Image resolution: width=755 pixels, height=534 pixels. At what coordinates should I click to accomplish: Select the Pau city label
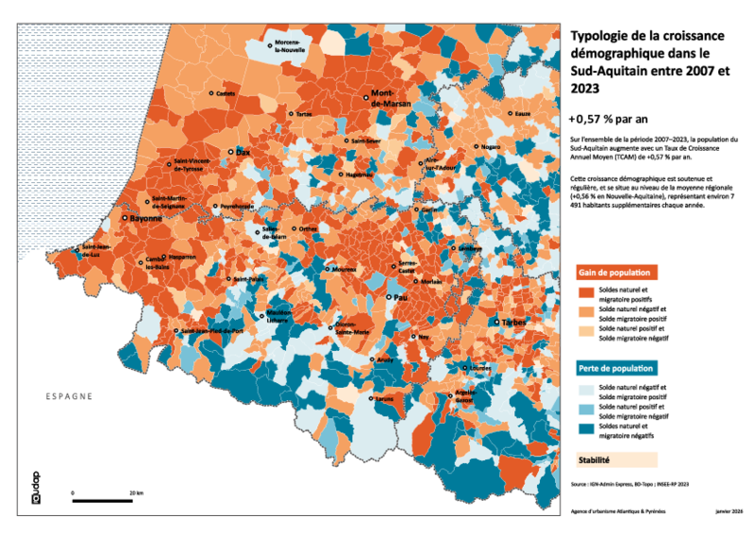[x=400, y=297]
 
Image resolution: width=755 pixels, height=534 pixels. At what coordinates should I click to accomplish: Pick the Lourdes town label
[x=480, y=368]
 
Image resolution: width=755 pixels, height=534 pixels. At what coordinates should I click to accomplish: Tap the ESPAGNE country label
[x=68, y=396]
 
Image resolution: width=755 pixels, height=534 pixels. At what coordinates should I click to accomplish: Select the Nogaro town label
[x=490, y=147]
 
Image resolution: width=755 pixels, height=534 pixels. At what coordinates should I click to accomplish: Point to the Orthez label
[x=308, y=228]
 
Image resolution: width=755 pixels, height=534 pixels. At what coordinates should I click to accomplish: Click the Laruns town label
[x=384, y=399]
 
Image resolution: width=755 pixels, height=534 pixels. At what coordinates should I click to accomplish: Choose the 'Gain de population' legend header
[x=616, y=272]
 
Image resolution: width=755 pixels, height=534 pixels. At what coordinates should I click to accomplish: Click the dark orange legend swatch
[x=585, y=294]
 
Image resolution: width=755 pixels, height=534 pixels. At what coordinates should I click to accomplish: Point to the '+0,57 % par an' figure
[x=609, y=119]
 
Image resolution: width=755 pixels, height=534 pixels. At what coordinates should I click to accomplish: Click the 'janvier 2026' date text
[x=728, y=510]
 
